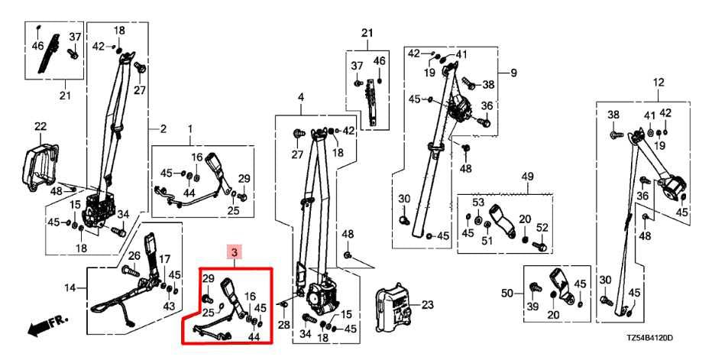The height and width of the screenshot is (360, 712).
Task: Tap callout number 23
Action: click(427, 305)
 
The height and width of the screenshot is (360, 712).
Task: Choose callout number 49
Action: click(526, 177)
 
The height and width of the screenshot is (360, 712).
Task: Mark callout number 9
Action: click(513, 73)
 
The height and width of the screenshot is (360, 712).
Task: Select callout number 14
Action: click(70, 288)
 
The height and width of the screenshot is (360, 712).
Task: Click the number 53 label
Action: click(479, 203)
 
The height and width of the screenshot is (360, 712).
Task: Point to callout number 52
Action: click(542, 228)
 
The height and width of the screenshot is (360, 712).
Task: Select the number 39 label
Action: click(533, 306)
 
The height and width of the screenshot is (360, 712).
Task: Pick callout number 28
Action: click(284, 326)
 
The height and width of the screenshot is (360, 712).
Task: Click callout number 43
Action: click(169, 306)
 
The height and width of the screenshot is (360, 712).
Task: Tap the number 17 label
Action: click(164, 259)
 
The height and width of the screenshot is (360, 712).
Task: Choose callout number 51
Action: click(486, 241)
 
